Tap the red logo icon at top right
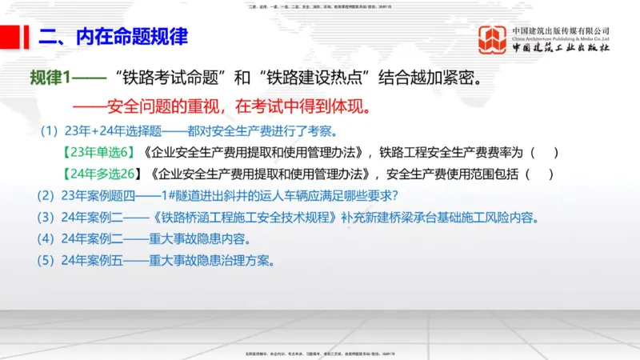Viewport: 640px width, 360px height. click(493, 40)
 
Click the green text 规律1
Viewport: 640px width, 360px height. click(50, 79)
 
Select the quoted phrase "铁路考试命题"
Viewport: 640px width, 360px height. click(168, 79)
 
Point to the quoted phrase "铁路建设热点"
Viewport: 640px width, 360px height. click(315, 79)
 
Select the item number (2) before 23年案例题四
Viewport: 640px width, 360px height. click(47, 195)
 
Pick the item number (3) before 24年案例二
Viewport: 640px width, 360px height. click(47, 217)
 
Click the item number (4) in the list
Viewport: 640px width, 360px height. click(47, 238)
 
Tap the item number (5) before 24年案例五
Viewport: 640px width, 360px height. click(47, 260)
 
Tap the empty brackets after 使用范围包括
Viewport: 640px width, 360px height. click(538, 174)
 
